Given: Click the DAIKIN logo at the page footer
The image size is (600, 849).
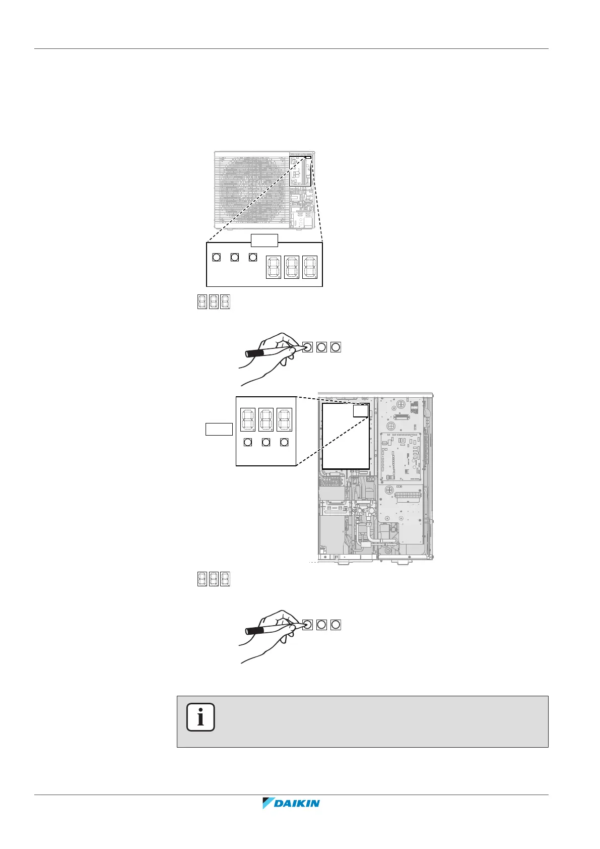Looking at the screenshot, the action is (x=291, y=803).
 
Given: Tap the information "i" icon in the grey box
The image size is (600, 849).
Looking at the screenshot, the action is (x=201, y=717).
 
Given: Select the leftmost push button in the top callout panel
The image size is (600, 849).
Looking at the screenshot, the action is (x=216, y=257).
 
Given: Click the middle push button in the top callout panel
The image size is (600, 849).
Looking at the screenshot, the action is (x=234, y=257).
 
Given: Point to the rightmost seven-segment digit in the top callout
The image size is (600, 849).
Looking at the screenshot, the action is (x=309, y=267).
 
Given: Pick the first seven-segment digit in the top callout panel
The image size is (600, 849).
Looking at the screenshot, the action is (x=273, y=267).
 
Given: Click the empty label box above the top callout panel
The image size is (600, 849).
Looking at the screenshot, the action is (x=264, y=240).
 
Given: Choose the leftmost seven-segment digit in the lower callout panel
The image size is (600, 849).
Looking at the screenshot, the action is (x=248, y=419).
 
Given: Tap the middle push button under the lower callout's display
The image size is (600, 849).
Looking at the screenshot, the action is (x=266, y=442).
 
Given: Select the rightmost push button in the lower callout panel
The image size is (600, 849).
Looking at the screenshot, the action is (x=284, y=442).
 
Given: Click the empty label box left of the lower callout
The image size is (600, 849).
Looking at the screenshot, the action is (x=219, y=429).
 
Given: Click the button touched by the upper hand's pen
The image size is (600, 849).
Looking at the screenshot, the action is (x=307, y=347).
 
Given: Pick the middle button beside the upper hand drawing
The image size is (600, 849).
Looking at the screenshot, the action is (x=321, y=347).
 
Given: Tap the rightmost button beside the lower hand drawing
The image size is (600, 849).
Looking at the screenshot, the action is (x=336, y=625).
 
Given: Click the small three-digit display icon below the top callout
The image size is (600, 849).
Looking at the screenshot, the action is (x=214, y=301).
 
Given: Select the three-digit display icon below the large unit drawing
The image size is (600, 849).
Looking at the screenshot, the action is (x=214, y=579).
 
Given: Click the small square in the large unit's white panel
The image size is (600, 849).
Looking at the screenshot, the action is (x=360, y=410).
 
